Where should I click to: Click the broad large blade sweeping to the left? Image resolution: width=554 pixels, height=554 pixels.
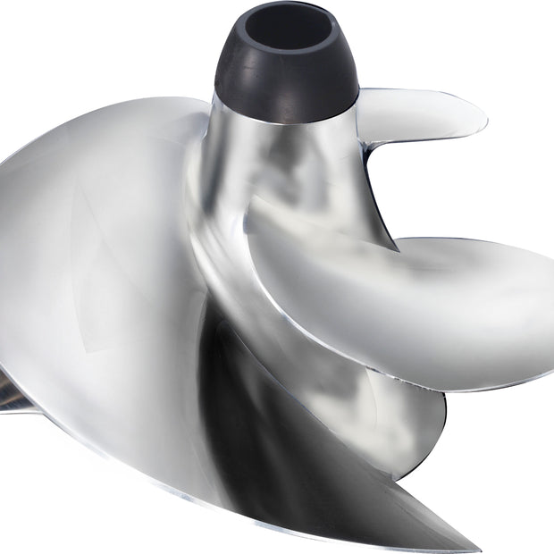coord(98,268)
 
